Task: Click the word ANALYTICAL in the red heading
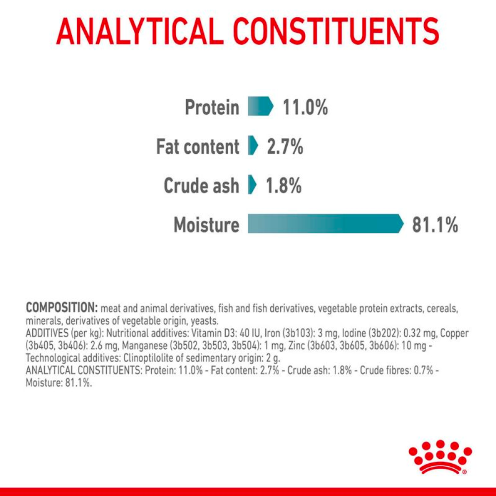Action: pos(138,31)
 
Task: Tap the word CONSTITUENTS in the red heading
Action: pos(336,31)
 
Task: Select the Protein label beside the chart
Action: pos(212,107)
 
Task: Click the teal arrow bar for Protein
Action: pos(260,106)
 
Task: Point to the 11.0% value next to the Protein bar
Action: pos(305,107)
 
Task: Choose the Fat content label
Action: pos(198,146)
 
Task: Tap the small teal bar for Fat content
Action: pos(253,145)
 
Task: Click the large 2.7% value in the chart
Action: pos(285,146)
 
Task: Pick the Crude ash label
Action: pos(201,186)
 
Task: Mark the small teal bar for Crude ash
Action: pos(252,185)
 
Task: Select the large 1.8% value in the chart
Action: pos(284,186)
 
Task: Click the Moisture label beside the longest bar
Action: pos(206,225)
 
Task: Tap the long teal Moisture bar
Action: pos(326,224)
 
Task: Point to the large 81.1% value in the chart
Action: pos(435,225)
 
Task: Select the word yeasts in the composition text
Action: pos(204,321)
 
